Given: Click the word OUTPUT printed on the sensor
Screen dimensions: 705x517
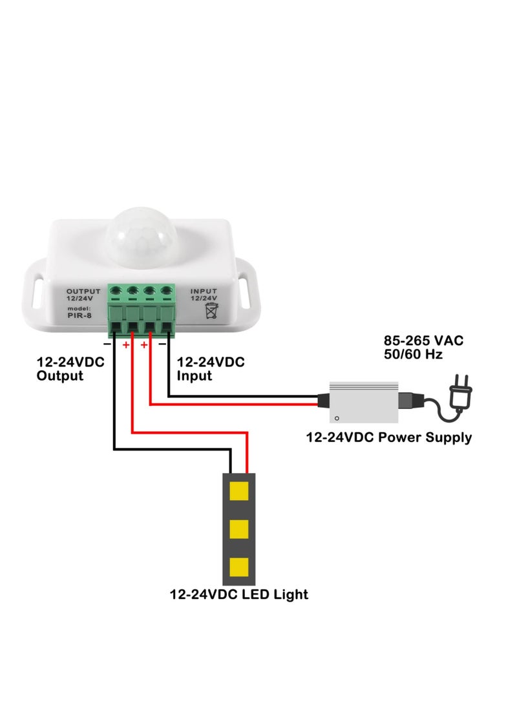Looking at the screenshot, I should coord(83,291).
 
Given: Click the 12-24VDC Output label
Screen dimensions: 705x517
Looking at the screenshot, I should coord(70,369).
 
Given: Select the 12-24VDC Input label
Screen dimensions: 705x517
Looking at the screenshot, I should coord(211,369).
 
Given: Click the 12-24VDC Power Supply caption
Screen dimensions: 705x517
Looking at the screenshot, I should coord(388,437).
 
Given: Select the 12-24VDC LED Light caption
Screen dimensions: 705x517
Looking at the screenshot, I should coord(238,594).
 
